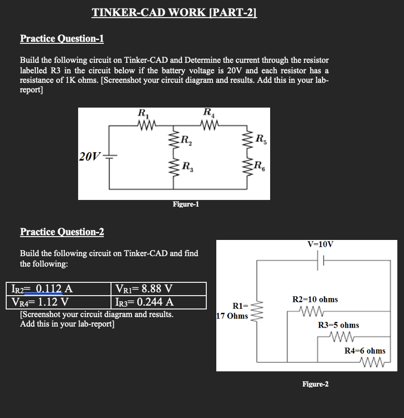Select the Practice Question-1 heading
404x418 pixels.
tap(62, 39)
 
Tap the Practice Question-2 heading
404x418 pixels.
tap(62, 232)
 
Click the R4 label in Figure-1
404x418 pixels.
tap(208, 113)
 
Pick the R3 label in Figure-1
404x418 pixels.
tap(188, 167)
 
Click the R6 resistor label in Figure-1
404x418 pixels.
tap(260, 166)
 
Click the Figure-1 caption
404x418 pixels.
tap(186, 204)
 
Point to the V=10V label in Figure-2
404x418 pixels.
tap(320, 244)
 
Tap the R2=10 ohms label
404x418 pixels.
tap(315, 299)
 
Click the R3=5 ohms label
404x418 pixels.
tap(338, 325)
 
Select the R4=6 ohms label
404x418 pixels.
tap(365, 351)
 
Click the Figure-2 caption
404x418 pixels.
tap(315, 384)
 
